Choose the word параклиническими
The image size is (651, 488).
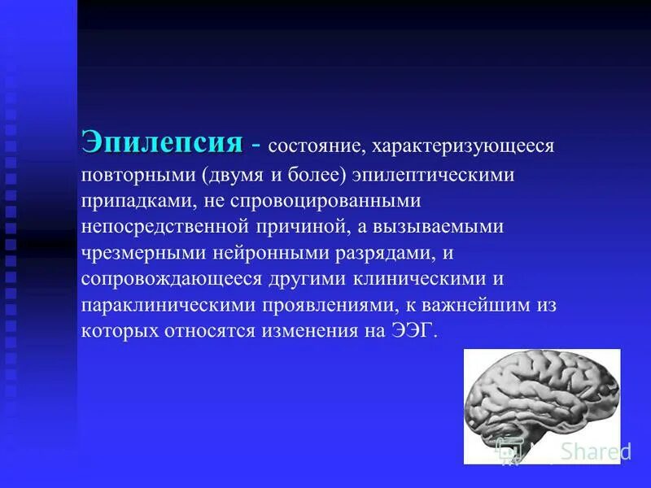[168, 304]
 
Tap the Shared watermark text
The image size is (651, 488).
[588, 452]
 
